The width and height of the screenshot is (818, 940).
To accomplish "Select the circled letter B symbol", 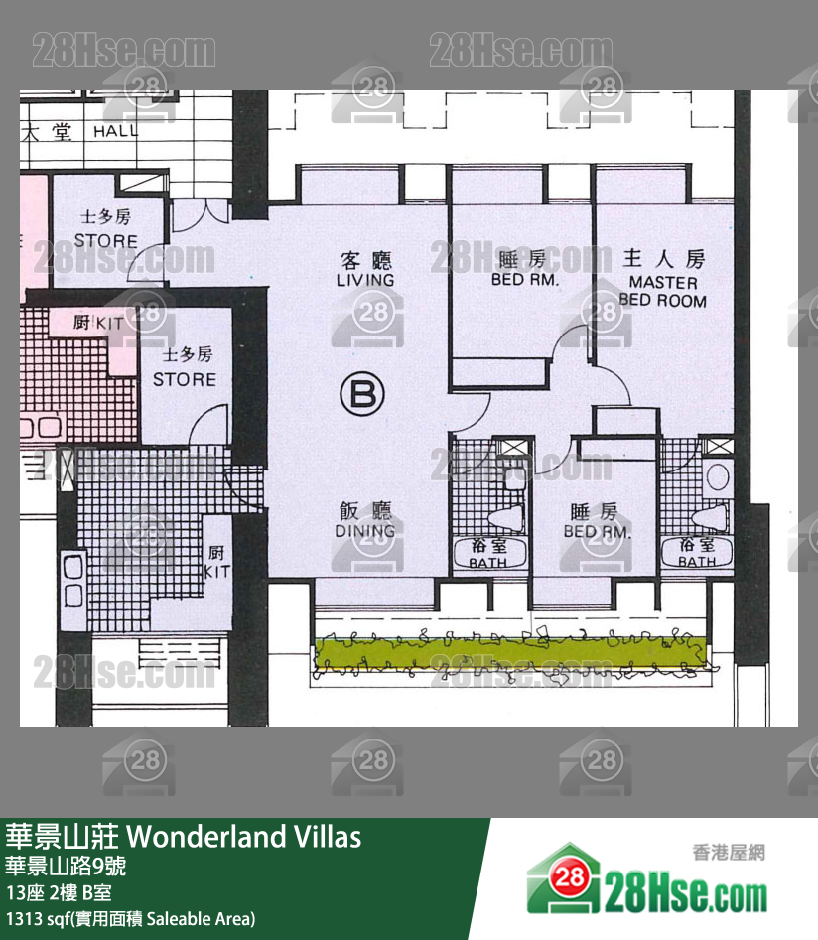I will pyautogui.click(x=362, y=395).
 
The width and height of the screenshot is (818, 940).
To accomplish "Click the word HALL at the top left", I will pyautogui.click(x=116, y=131).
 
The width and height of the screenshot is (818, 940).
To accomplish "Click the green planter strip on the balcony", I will pyautogui.click(x=511, y=654).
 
